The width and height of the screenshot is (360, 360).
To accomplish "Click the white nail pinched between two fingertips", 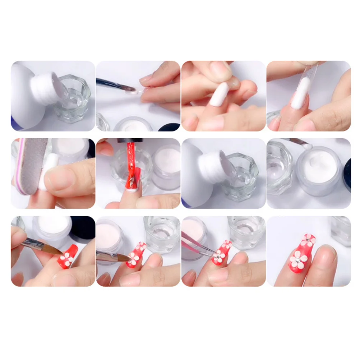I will [x=219, y=94].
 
